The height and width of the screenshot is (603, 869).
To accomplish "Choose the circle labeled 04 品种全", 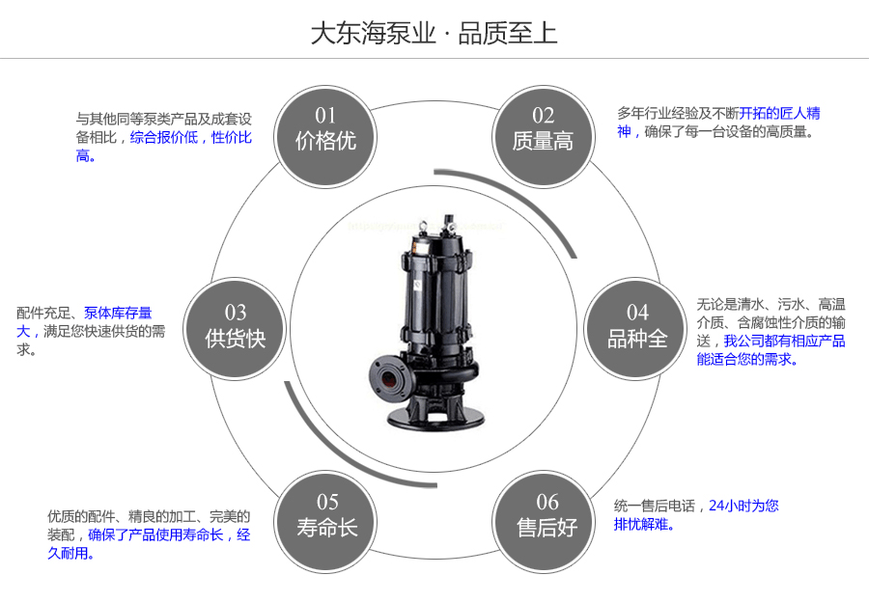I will pyautogui.click(x=637, y=326).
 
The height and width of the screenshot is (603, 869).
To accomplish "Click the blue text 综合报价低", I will pyautogui.click(x=164, y=138).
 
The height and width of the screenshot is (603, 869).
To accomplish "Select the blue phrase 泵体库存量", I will pyautogui.click(x=118, y=313).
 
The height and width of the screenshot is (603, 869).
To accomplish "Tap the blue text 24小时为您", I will pyautogui.click(x=743, y=506).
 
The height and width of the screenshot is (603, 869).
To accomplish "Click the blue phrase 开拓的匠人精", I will pyautogui.click(x=780, y=113).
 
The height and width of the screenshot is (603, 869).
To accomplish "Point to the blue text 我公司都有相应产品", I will pyautogui.click(x=784, y=341).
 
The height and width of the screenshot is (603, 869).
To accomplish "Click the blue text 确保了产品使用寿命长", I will pyautogui.click(x=155, y=534).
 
